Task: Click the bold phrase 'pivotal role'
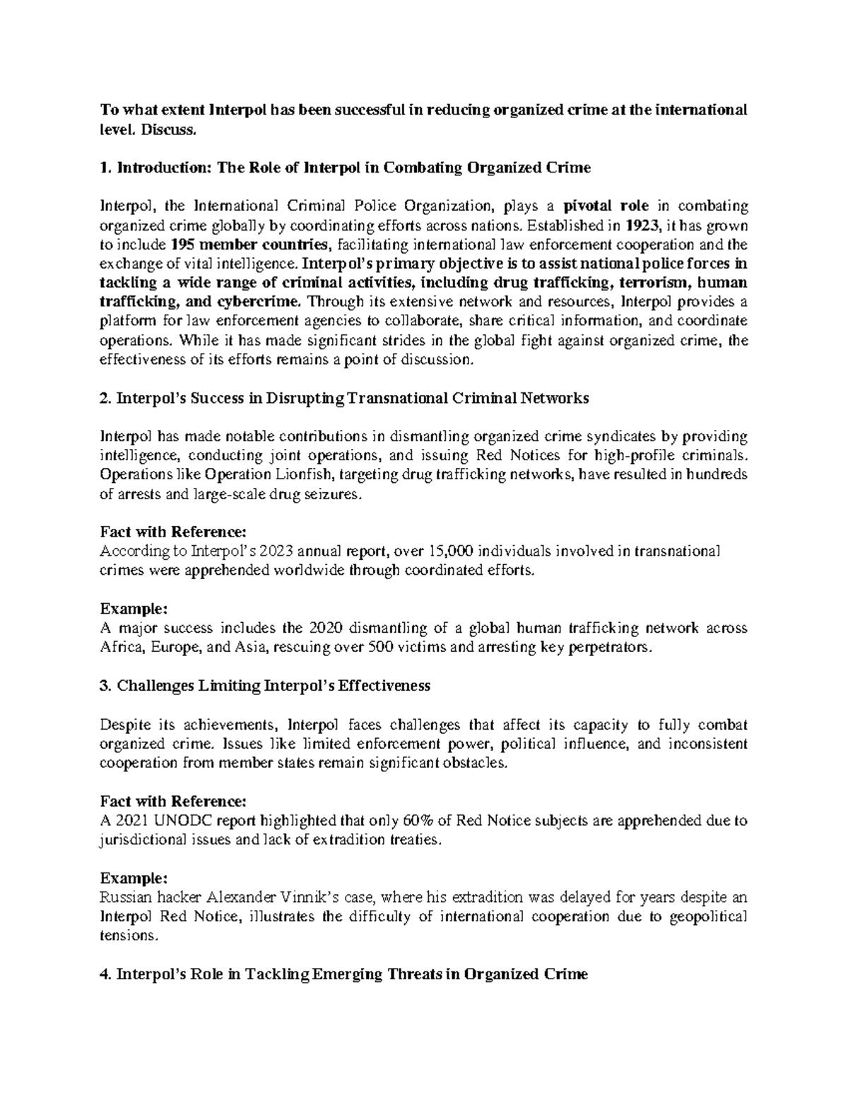pos(606,206)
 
